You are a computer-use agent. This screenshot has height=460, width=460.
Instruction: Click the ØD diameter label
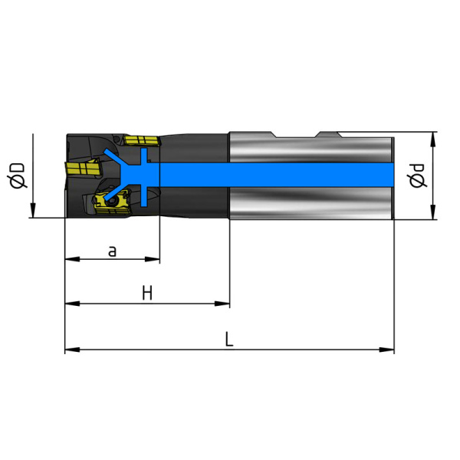(18, 175)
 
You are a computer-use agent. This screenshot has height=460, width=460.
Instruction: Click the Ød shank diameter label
(416, 176)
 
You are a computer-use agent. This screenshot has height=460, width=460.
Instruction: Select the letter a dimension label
(112, 251)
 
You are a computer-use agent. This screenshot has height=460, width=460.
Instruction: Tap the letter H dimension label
(147, 294)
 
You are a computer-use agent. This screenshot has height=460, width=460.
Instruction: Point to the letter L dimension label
(228, 339)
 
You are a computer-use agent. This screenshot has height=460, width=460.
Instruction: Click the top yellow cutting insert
(142, 140)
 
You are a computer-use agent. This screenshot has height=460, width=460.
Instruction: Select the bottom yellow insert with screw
(111, 202)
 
